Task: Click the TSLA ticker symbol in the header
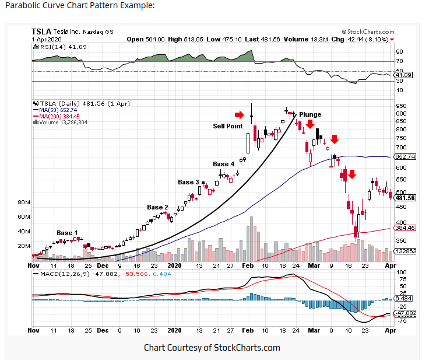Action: pyautogui.click(x=41, y=32)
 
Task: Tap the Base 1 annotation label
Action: pyautogui.click(x=67, y=233)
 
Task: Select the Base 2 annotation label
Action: pyautogui.click(x=157, y=207)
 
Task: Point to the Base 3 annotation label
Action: pyautogui.click(x=188, y=182)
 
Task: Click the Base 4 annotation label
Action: pyautogui.click(x=223, y=164)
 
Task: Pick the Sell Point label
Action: pyautogui.click(x=227, y=125)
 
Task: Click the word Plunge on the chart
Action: pyautogui.click(x=310, y=114)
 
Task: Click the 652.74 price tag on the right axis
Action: pyautogui.click(x=405, y=156)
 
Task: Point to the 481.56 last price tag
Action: pyautogui.click(x=405, y=198)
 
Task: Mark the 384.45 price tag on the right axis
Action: pyautogui.click(x=405, y=228)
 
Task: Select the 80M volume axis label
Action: pyautogui.click(x=24, y=202)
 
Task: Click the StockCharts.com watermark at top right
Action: pyautogui.click(x=369, y=31)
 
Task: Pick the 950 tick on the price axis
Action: pyautogui.click(x=400, y=106)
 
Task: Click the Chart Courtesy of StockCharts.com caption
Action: pyautogui.click(x=212, y=348)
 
